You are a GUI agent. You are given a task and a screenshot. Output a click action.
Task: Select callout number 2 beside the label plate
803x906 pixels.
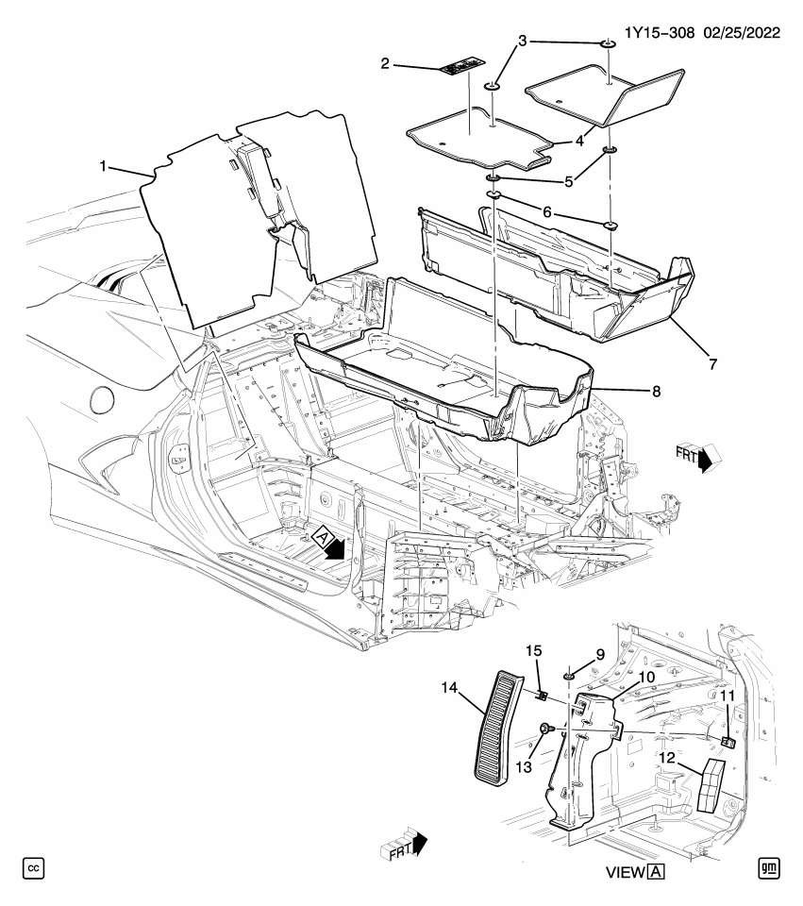click(x=385, y=63)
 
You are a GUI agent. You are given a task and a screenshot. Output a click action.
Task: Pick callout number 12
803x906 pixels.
click(x=665, y=757)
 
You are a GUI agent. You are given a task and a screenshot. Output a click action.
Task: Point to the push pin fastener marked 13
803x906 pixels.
click(x=546, y=729)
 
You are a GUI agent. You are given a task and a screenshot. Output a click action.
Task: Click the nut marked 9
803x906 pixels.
click(x=570, y=675)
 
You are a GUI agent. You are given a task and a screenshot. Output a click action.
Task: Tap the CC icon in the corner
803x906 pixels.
click(x=33, y=867)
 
